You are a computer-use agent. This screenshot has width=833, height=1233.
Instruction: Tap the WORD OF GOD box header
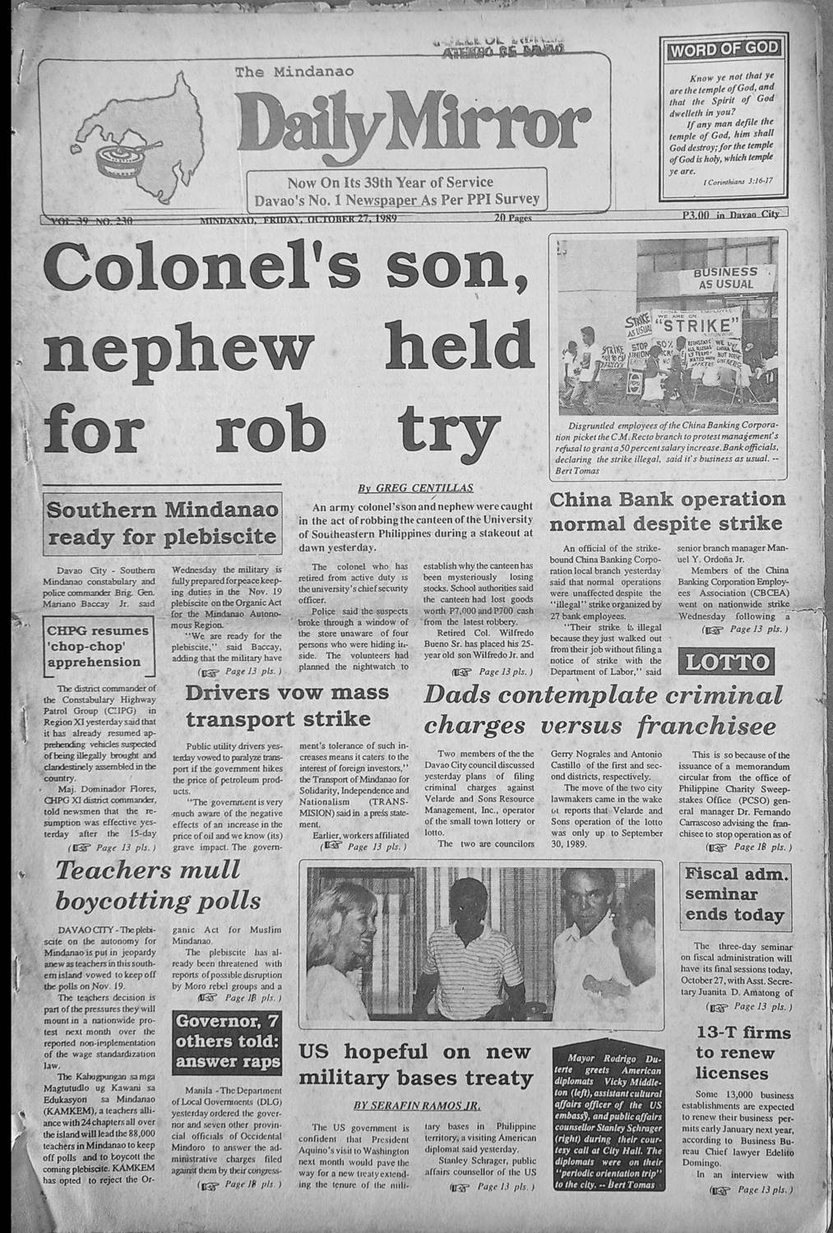[724, 49]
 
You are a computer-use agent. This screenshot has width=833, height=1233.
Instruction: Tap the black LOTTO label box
[726, 662]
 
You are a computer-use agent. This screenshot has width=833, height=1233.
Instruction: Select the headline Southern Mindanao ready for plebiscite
[161, 524]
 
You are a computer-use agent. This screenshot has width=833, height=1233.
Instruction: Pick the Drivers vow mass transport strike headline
[287, 705]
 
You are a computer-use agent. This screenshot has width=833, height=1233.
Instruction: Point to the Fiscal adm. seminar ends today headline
[734, 894]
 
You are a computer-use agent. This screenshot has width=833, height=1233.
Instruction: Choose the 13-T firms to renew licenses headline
[732, 1053]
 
